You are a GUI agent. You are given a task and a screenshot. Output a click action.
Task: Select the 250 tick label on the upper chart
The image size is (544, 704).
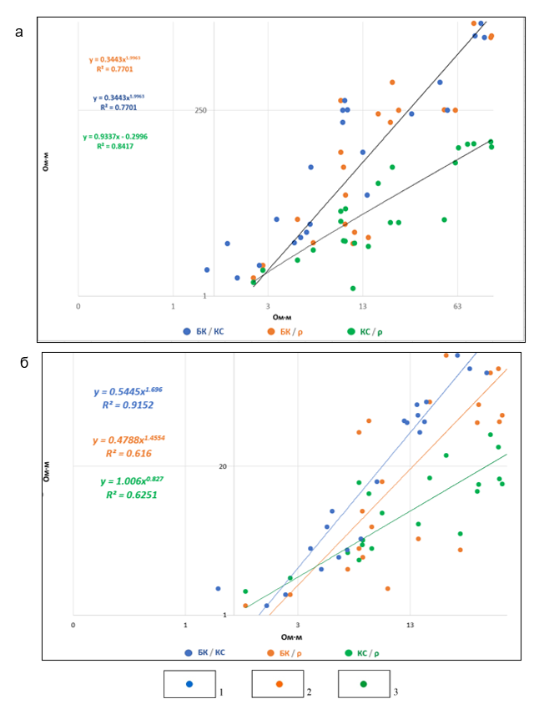click(x=201, y=110)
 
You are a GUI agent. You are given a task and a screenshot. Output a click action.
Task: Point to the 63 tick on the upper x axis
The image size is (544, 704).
click(x=457, y=306)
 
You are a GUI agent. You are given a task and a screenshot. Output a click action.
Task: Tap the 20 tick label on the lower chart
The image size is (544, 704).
click(x=223, y=465)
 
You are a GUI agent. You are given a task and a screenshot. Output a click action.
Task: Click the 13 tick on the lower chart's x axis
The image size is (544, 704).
click(x=409, y=624)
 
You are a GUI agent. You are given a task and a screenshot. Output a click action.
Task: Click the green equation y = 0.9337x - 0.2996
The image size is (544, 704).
click(x=115, y=136)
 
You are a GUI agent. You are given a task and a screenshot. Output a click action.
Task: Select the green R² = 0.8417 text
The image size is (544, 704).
click(x=115, y=146)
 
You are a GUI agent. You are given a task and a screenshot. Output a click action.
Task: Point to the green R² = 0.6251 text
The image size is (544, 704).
click(x=128, y=495)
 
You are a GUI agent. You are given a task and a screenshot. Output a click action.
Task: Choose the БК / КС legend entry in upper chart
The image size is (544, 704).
click(x=204, y=331)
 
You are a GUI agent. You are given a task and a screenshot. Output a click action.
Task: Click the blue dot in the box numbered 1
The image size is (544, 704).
click(x=189, y=683)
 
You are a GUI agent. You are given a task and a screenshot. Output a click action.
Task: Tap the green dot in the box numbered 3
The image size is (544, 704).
click(x=364, y=683)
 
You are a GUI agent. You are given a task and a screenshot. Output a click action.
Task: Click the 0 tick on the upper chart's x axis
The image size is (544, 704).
click(x=78, y=306)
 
